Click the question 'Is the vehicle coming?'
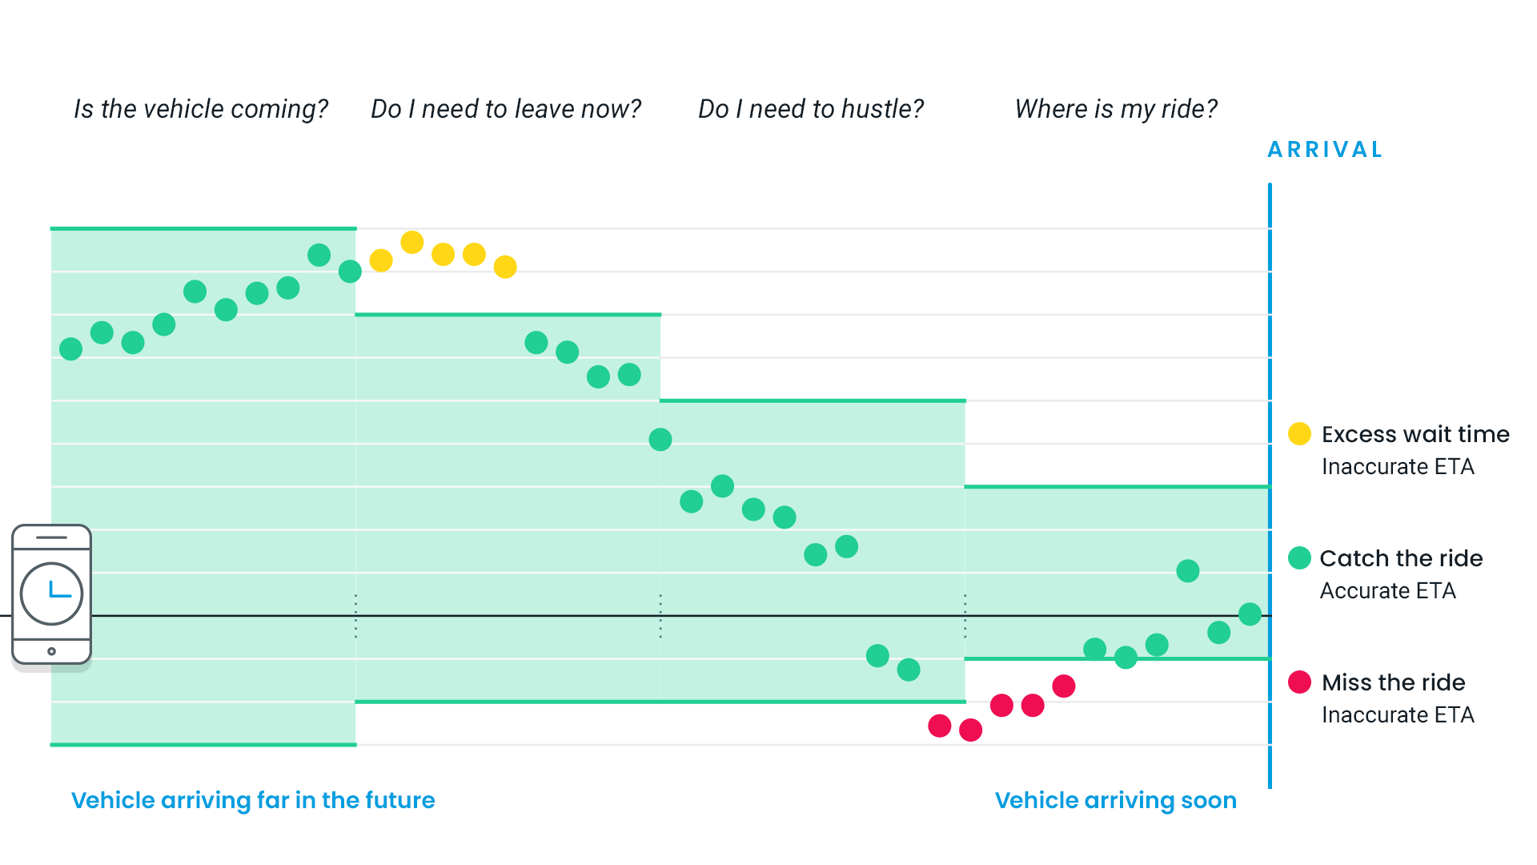point(201,109)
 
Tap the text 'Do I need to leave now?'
point(506,109)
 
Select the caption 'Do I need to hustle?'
point(811,109)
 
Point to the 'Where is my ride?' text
point(1116,109)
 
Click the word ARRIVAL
point(1326,150)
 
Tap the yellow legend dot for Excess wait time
point(1299,434)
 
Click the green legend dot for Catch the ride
point(1299,558)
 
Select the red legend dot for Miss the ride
point(1299,682)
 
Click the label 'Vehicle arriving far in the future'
point(253,800)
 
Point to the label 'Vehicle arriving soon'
point(1115,800)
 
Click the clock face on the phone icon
point(51,593)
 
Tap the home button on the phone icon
point(51,651)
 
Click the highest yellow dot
point(412,242)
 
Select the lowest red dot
point(970,730)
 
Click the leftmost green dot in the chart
point(70,349)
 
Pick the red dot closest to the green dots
point(1064,686)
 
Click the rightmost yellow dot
point(505,267)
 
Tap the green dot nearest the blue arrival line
point(1250,614)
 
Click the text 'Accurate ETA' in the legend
point(1387,591)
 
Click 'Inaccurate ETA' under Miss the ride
point(1398,715)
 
